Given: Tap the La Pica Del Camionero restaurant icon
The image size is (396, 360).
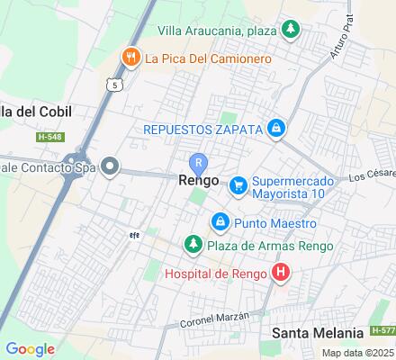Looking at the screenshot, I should tap(131, 58).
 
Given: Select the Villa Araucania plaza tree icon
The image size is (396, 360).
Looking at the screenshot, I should tap(291, 30).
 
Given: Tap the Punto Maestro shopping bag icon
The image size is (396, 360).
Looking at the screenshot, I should tap(220, 221).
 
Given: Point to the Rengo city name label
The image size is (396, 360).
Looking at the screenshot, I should tap(198, 180).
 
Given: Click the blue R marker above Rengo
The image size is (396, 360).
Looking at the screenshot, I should tap(198, 162).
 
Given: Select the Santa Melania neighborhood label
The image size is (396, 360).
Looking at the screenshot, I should tap(319, 333).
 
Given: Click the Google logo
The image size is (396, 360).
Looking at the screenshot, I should tap(31, 348).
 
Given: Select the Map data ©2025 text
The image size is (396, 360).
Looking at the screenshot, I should tap(358, 353).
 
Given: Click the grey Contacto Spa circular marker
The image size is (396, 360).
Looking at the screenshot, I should tap(110, 166).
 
